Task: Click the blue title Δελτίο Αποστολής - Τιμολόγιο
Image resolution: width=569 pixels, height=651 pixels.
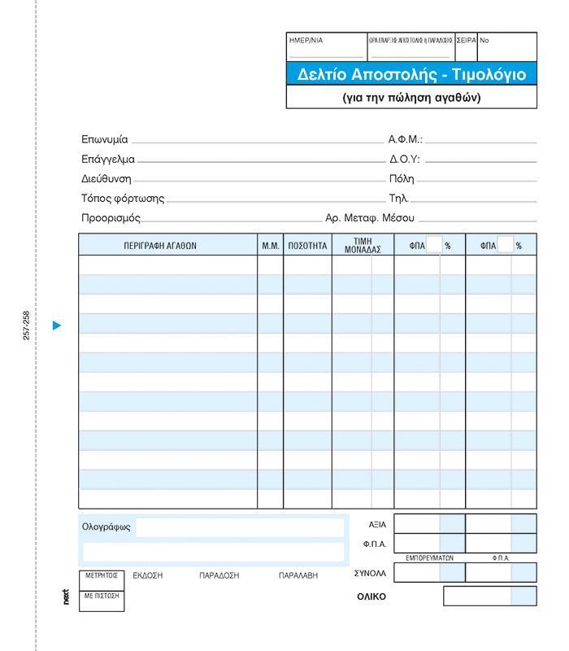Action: [411, 75]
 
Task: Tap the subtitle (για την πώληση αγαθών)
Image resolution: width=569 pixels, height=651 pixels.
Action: [411, 98]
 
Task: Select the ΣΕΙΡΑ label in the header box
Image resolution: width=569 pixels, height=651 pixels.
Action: [466, 40]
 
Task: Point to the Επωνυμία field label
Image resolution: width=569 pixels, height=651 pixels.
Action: [105, 140]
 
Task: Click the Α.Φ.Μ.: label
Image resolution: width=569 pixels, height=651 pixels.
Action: [406, 140]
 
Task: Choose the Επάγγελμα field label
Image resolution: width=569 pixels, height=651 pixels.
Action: [108, 159]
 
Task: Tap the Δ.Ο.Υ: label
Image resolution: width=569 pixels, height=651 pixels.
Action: [405, 159]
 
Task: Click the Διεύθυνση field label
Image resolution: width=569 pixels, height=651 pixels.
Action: [106, 179]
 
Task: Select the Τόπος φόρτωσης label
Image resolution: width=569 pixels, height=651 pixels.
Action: [123, 199]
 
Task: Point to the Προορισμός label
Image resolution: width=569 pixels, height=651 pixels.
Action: [111, 218]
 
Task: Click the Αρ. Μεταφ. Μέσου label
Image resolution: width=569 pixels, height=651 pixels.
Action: [370, 218]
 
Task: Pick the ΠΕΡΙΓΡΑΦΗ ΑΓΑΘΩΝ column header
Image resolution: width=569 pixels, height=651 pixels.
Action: [160, 245]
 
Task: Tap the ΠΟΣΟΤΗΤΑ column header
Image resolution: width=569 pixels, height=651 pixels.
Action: [307, 245]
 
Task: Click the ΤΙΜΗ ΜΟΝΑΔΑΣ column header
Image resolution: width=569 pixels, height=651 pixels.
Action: [363, 245]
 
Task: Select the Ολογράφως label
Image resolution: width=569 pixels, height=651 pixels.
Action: [106, 526]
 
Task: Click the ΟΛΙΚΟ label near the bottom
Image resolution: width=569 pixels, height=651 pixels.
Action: [371, 596]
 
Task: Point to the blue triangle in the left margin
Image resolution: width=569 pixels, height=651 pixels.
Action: [56, 325]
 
